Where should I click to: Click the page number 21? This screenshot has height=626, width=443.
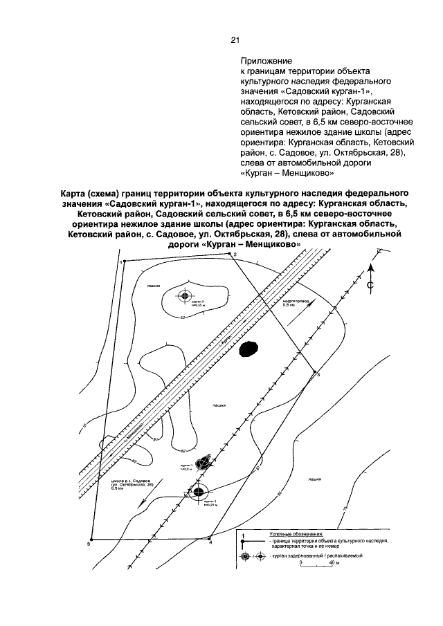pyautogui.click(x=235, y=39)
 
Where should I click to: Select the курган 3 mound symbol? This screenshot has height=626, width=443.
pyautogui.click(x=184, y=297)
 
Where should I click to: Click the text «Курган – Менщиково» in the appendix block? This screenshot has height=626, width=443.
pyautogui.click(x=289, y=173)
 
